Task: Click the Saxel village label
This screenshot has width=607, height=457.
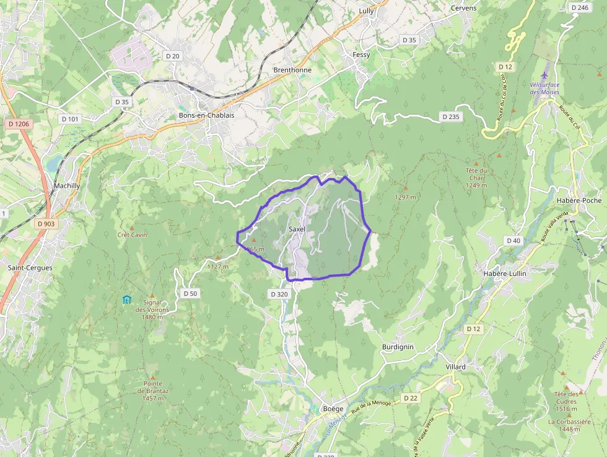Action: point(297,229)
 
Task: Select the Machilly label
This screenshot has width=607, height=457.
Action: point(66,185)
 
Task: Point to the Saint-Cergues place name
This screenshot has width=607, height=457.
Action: point(30,268)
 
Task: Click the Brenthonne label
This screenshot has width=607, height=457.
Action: point(292,70)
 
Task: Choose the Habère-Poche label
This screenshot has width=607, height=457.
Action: point(579,200)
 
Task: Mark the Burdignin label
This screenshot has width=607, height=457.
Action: point(398,347)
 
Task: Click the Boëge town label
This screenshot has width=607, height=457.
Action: point(333,409)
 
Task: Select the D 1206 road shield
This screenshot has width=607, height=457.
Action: point(19,124)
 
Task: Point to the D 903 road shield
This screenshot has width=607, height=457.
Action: point(46,224)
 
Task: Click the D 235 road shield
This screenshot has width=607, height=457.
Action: point(451,117)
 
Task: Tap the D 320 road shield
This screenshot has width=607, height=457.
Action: point(279,294)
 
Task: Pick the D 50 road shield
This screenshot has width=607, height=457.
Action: point(190,293)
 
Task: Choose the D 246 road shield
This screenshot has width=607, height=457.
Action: point(580,7)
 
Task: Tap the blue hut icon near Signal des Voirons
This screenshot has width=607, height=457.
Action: point(127,300)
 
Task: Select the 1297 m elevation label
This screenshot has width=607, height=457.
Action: point(406,197)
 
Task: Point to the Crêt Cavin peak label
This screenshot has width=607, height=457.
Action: point(132,234)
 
